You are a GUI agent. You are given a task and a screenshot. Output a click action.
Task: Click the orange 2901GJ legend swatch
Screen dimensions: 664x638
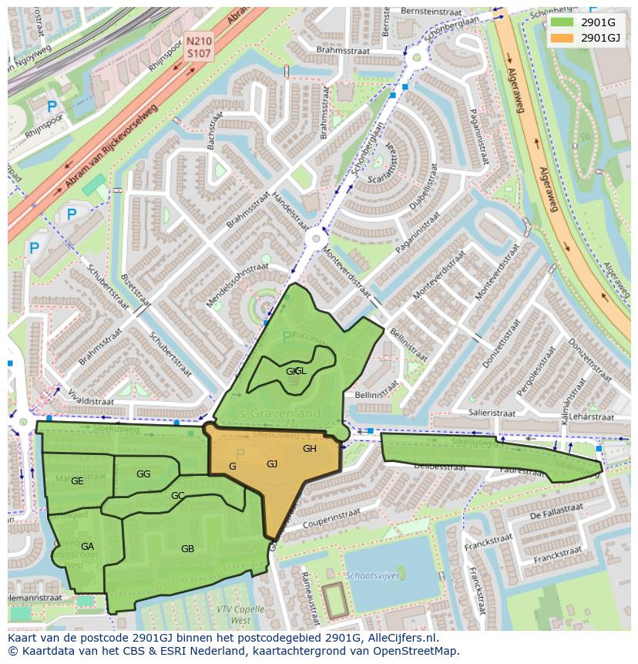[562, 37]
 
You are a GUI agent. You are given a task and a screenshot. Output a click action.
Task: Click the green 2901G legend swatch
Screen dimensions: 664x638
[562, 22]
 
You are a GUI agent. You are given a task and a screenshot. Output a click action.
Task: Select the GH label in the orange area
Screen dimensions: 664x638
[310, 449]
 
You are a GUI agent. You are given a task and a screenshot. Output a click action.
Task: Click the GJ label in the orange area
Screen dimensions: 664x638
[272, 463]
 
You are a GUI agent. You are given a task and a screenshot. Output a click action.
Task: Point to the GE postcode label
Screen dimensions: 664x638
[77, 481]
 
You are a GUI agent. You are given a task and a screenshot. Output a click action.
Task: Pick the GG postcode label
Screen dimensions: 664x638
[143, 474]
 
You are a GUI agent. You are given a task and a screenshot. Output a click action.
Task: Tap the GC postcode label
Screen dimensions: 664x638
[177, 495]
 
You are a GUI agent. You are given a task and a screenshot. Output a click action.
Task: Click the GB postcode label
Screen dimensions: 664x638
[187, 549]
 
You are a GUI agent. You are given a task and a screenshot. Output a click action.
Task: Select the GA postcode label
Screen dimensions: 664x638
[87, 547]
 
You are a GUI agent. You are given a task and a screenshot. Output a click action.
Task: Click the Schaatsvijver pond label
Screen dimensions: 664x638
[371, 576]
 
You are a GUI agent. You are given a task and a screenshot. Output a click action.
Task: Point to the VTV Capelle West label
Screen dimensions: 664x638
[234, 614]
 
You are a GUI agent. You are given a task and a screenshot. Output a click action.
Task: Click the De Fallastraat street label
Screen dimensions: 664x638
[557, 515]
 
